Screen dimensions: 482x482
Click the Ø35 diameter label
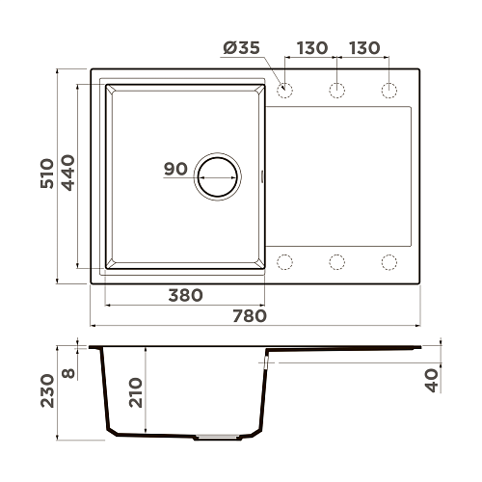click(241, 48)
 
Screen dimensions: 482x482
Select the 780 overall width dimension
click(250, 316)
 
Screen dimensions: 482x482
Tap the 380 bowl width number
click(185, 295)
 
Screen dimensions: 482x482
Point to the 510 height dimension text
click(47, 174)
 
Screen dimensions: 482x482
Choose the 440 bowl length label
click(67, 173)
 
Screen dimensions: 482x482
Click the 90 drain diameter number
click(175, 169)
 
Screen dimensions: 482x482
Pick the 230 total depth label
click(47, 390)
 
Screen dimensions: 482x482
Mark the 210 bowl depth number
click(135, 392)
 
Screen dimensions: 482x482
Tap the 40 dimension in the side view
click(432, 381)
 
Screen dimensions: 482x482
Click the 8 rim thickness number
click(68, 373)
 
